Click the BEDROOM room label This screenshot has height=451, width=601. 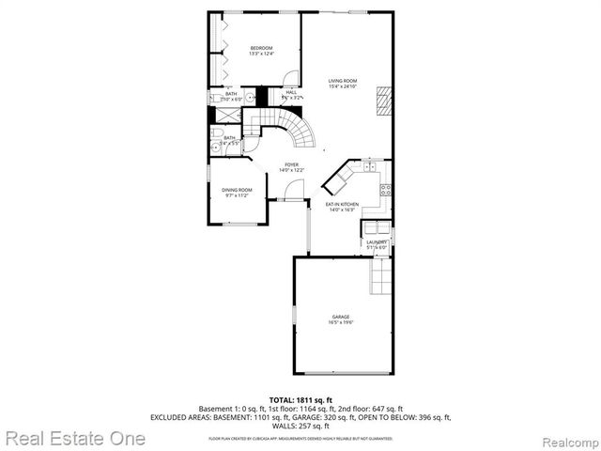260,48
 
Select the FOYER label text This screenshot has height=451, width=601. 292,165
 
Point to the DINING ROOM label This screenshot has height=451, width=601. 237,190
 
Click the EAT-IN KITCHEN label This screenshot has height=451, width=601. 342,204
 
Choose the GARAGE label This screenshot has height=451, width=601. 340,317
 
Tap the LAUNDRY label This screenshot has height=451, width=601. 377,241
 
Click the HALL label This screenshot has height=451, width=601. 278,92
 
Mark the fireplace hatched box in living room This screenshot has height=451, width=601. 382,99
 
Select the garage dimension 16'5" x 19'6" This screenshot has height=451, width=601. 340,323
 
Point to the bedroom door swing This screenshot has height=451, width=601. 291,79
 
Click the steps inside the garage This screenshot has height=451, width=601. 380,275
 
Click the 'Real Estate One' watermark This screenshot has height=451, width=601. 74,438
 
